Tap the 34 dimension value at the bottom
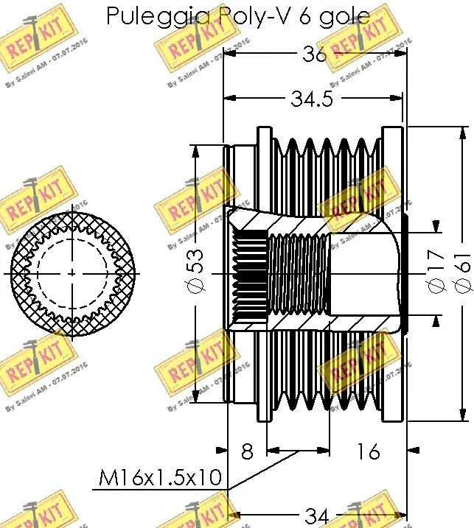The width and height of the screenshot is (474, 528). (x=317, y=516)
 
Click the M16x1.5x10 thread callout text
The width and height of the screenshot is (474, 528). (x=161, y=478)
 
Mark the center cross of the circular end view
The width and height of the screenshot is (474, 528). (x=72, y=273)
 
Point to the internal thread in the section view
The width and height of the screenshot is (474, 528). (x=295, y=272)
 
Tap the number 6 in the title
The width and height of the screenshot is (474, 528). (x=304, y=15)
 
